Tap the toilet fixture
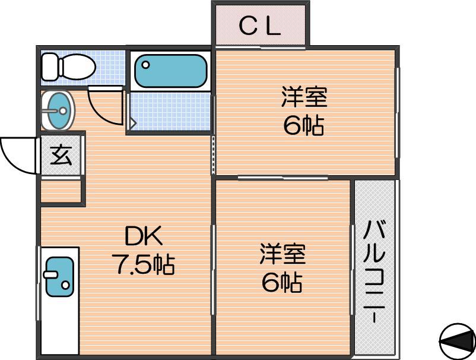tap(68, 67)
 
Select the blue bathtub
tap(171, 71)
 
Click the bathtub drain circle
tap(146, 65)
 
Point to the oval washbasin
tap(58, 110)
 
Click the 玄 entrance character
tap(61, 156)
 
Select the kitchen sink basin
tap(59, 277)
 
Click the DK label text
tap(144, 236)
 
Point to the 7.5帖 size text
tap(143, 264)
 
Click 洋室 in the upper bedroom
tap(304, 97)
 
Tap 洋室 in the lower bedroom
tap(283, 254)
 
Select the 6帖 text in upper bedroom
tap(303, 125)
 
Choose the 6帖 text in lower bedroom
tap(282, 282)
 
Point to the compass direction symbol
tap(458, 342)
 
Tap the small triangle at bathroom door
tap(133, 123)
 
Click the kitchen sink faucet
tap(50, 274)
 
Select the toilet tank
tap(49, 67)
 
